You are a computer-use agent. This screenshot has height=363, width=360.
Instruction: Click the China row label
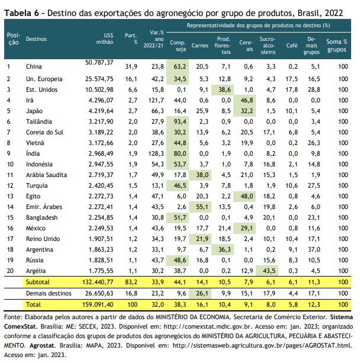point(34,67)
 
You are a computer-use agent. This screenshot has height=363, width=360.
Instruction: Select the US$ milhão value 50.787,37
point(99,63)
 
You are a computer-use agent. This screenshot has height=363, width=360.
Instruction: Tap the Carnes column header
point(200,46)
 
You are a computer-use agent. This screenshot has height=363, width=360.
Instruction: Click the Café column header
point(292,46)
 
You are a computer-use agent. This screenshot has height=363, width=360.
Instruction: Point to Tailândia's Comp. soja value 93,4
point(180,122)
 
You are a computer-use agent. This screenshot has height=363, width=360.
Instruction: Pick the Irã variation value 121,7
point(156,101)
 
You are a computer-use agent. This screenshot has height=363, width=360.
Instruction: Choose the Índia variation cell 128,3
point(156,154)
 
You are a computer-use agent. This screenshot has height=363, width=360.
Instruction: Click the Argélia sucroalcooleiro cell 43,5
point(269,271)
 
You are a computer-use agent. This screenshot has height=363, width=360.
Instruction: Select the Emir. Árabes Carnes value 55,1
point(202,207)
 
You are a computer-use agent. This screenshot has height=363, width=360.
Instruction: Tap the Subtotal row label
point(38,282)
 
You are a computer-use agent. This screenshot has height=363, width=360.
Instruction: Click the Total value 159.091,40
point(98,304)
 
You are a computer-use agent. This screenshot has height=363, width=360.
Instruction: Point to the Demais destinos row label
point(49,294)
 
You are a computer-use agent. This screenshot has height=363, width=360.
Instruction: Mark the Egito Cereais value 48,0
point(247,197)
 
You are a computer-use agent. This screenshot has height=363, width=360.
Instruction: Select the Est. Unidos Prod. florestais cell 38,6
point(224,90)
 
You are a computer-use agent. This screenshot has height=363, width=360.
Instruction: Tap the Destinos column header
point(36,39)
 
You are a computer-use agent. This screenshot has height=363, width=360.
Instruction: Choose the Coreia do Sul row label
point(44,133)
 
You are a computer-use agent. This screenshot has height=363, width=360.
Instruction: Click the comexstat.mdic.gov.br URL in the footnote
point(208,327)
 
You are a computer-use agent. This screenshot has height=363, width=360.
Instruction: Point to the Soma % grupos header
point(337,46)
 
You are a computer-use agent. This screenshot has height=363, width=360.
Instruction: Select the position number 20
point(10,271)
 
